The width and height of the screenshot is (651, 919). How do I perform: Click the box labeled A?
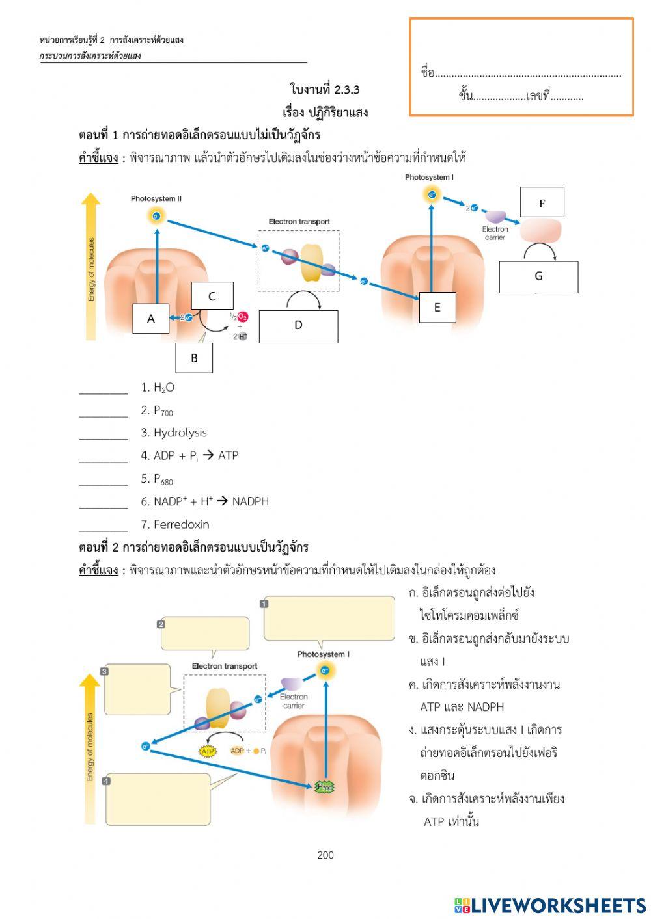150,319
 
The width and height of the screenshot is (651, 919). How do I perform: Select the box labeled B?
194,358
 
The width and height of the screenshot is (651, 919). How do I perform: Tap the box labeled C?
212,296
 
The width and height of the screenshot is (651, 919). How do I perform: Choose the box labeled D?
298,326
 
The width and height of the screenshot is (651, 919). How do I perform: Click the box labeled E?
437,308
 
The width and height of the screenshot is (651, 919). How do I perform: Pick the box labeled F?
542,202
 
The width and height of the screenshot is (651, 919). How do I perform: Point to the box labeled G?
538,276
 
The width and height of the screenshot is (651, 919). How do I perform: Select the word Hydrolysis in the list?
180,433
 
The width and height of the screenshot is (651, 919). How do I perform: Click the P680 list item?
163,479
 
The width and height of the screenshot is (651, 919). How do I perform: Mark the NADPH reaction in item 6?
211,501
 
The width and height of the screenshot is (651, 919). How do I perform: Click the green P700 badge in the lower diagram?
324,787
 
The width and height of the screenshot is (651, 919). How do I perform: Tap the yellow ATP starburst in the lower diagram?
207,751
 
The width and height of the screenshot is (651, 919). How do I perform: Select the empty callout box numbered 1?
329,619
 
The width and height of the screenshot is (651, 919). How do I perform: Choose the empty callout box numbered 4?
158,799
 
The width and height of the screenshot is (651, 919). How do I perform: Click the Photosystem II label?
156,198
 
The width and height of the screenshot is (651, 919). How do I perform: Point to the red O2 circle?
242,316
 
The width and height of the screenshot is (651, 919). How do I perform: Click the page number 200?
325,855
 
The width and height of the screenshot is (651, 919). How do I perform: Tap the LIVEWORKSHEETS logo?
550,905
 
